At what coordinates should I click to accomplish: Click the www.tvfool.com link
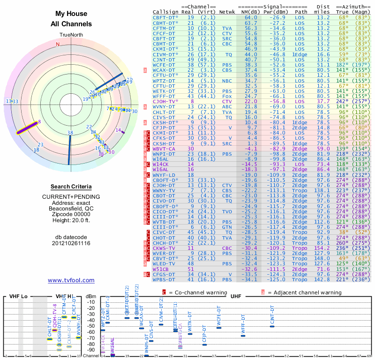pyautogui.click(x=71, y=280)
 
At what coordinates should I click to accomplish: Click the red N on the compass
pyautogui.click(x=58, y=45)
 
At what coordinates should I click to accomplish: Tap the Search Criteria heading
pyautogui.click(x=71, y=187)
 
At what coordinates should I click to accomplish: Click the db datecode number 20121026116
pyautogui.click(x=71, y=243)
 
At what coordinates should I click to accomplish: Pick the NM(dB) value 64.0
pyautogui.click(x=251, y=17)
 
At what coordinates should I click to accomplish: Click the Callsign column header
pyautogui.click(x=166, y=11)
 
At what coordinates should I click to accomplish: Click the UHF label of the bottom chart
pyautogui.click(x=236, y=296)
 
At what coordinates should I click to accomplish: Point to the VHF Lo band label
pyautogui.click(x=18, y=296)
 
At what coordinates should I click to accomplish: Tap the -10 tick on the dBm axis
pyautogui.click(x=90, y=302)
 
